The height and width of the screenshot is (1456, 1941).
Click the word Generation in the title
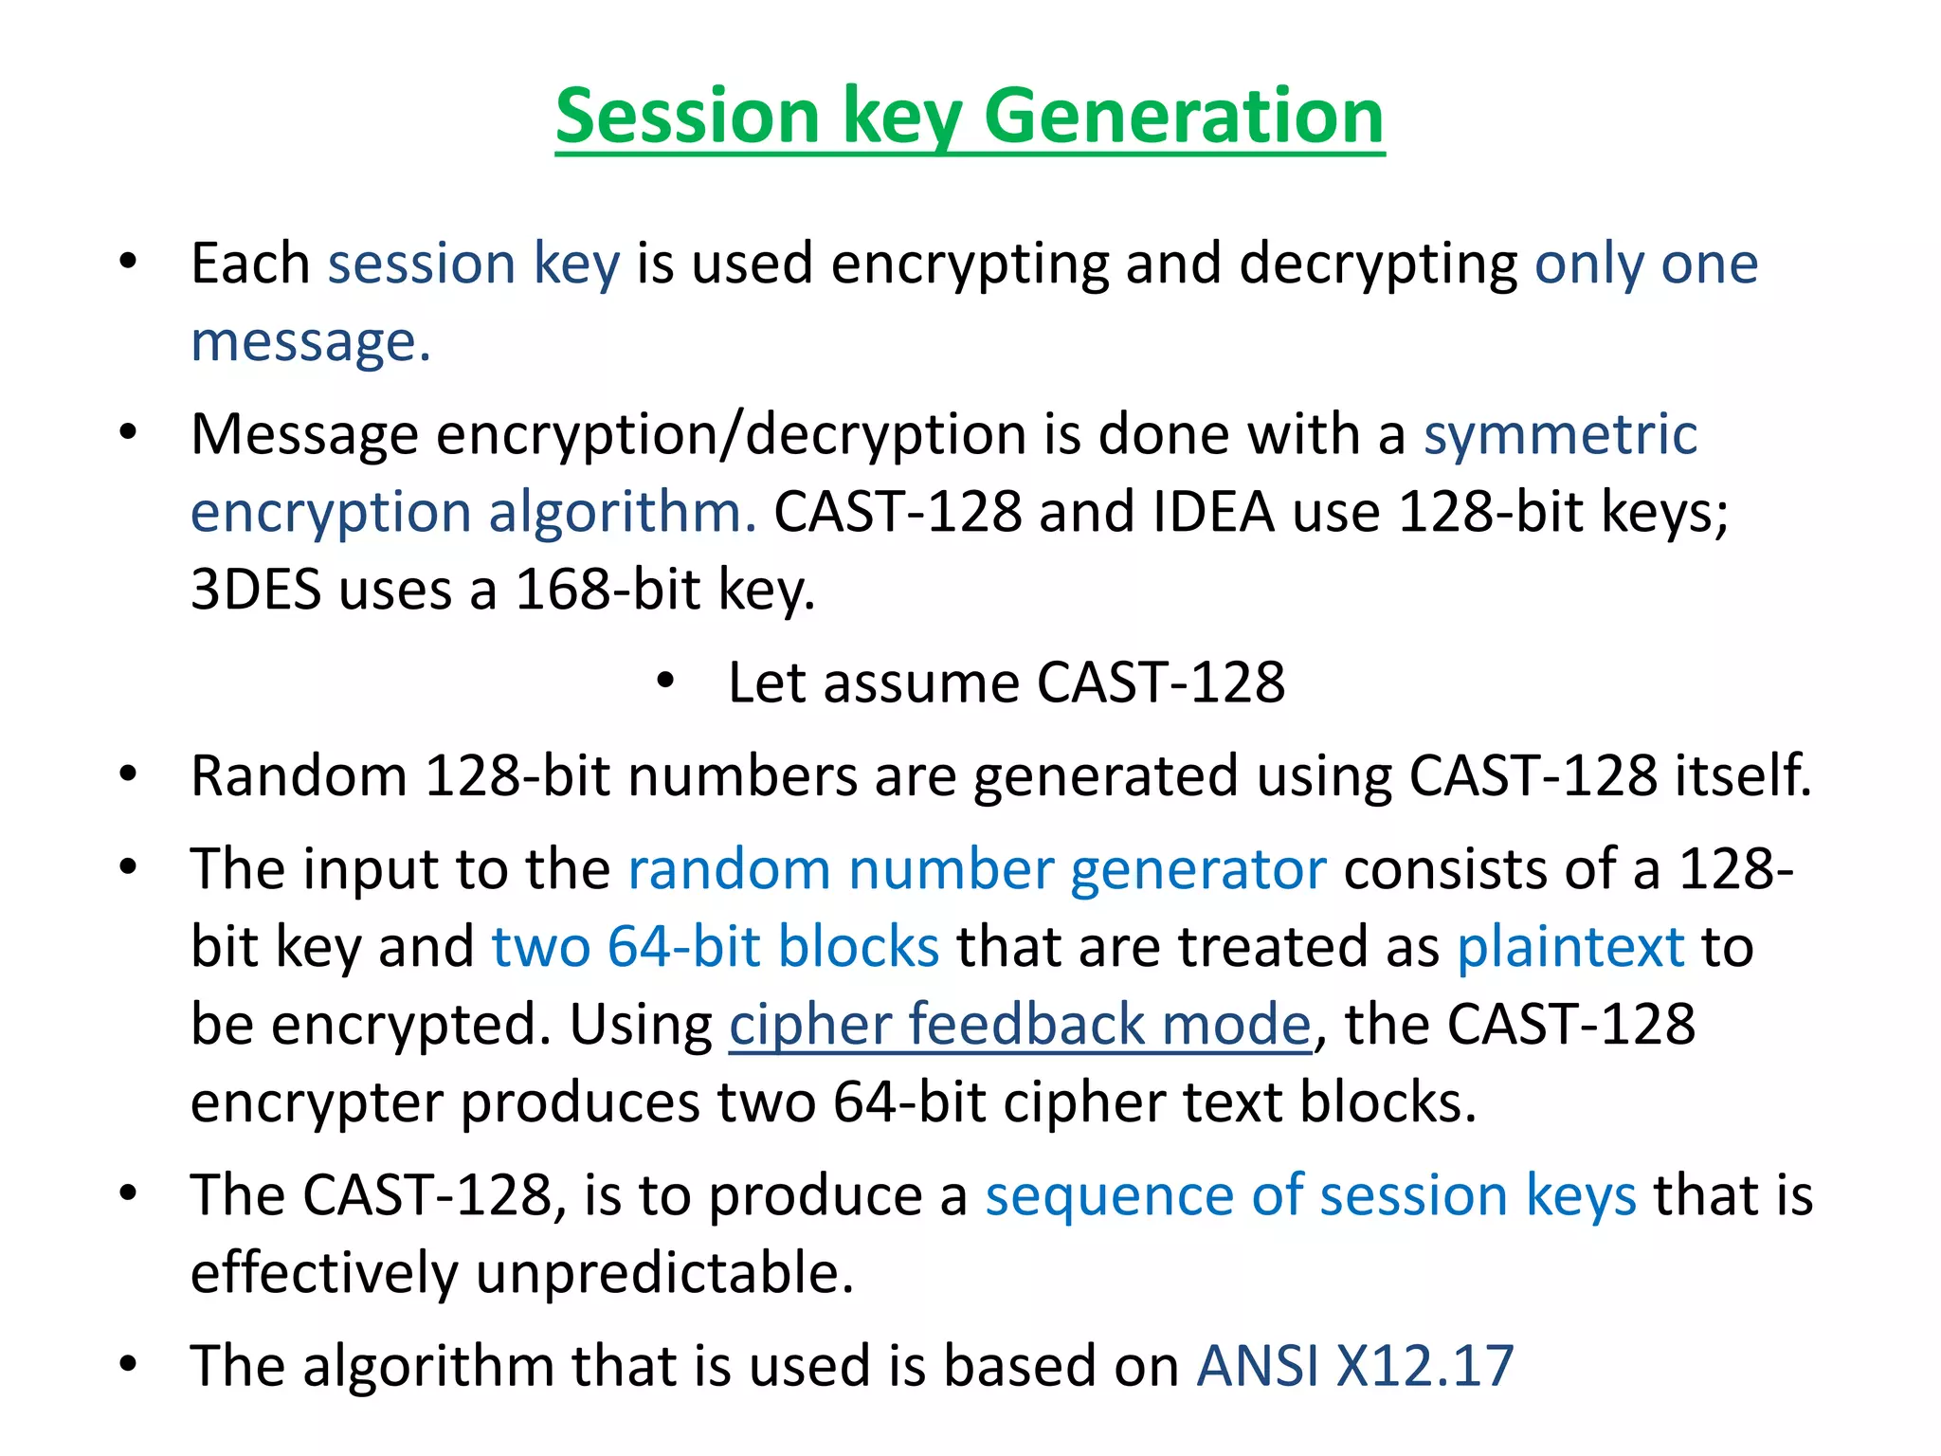point(1184,116)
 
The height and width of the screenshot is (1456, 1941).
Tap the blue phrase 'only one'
point(1645,264)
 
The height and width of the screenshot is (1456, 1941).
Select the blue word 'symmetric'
point(1560,435)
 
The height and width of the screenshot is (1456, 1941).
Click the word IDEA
point(1214,512)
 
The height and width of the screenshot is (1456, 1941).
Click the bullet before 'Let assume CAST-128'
point(665,681)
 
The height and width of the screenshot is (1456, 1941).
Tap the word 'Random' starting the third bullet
point(299,775)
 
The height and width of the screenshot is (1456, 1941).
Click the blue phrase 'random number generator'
point(976,868)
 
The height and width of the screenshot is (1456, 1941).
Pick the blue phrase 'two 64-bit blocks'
point(716,946)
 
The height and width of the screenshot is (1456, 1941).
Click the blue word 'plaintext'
point(1570,946)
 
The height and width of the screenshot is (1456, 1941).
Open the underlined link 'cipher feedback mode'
point(1020,1024)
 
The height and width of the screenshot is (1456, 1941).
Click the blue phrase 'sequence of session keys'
point(1310,1194)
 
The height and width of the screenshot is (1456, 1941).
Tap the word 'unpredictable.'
point(664,1272)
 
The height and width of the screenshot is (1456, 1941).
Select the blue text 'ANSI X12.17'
point(1355,1366)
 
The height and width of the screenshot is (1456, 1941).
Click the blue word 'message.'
point(311,341)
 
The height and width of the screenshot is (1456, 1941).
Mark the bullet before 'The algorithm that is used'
point(129,1364)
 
